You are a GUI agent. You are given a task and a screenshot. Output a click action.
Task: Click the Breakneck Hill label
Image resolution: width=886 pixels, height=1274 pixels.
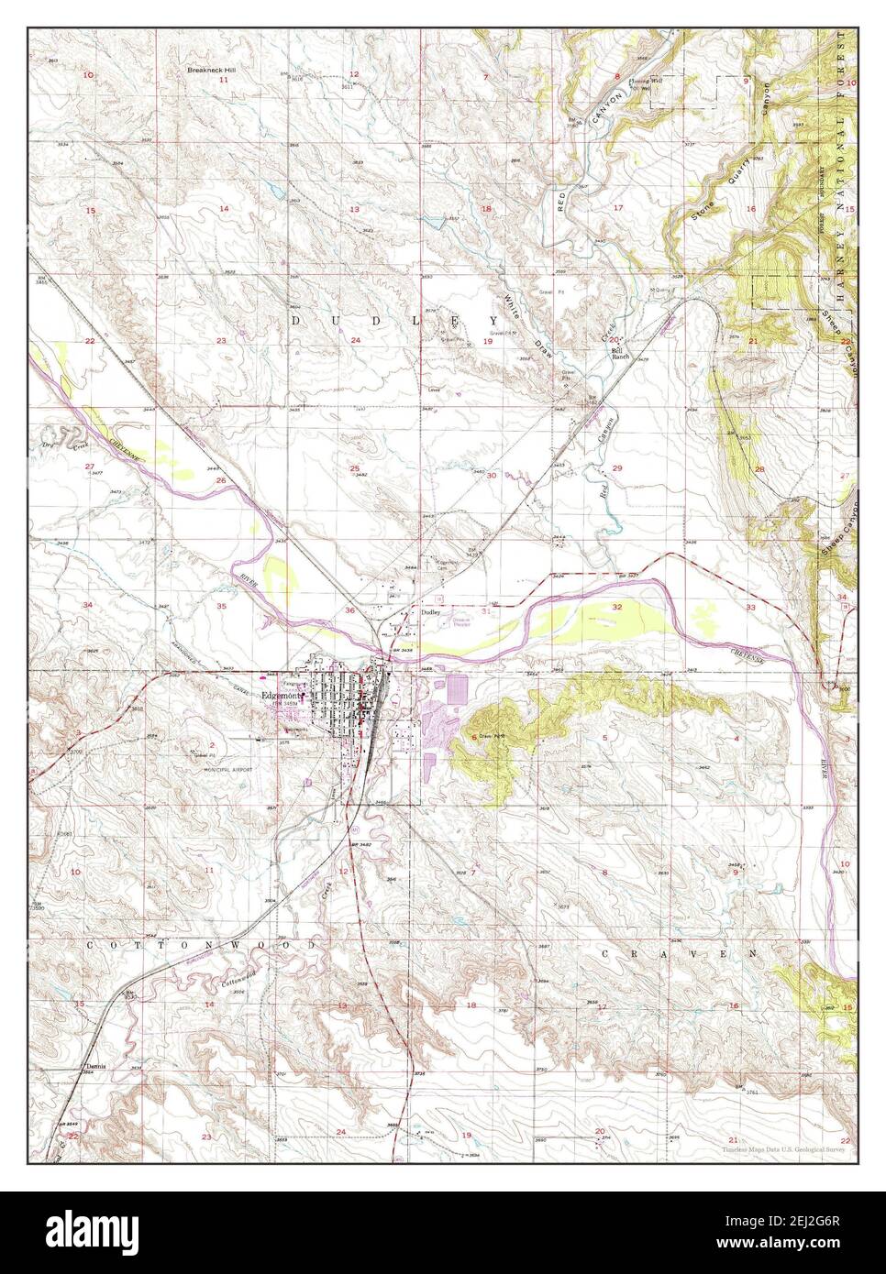(x=210, y=70)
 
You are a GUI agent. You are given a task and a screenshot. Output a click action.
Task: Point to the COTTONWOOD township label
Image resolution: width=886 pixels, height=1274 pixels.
(x=203, y=943)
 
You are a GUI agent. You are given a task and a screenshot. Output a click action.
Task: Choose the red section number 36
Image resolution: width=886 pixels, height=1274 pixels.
(x=349, y=610)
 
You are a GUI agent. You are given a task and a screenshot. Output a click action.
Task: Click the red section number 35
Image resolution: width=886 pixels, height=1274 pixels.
(x=221, y=606)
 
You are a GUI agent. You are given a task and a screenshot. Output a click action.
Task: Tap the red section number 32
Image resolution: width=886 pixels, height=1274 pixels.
(x=617, y=607)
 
